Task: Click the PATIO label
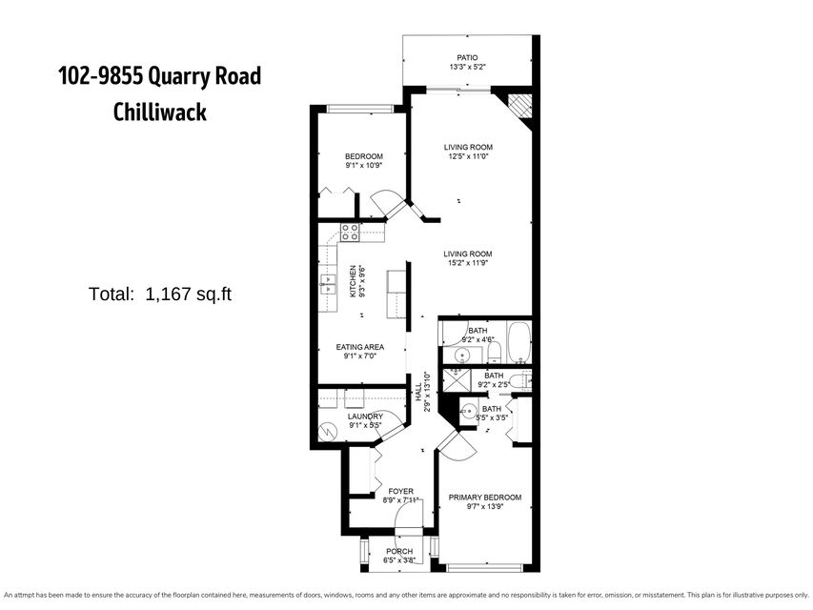pyautogui.click(x=467, y=57)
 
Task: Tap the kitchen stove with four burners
pyautogui.click(x=350, y=232)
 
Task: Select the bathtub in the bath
pyautogui.click(x=518, y=342)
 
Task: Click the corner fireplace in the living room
pyautogui.click(x=520, y=106)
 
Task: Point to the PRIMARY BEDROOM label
pyautogui.click(x=485, y=498)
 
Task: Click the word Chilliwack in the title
pyautogui.click(x=160, y=112)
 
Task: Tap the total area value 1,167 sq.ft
pyautogui.click(x=188, y=295)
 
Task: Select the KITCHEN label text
pyautogui.click(x=353, y=281)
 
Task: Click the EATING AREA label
pyautogui.click(x=360, y=347)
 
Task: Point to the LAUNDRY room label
pyautogui.click(x=365, y=417)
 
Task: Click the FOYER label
pyautogui.click(x=401, y=491)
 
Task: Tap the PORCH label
pyautogui.click(x=399, y=552)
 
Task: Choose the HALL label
pyautogui.click(x=417, y=392)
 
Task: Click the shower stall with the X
pyautogui.click(x=455, y=379)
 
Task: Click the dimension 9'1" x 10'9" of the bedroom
pyautogui.click(x=364, y=166)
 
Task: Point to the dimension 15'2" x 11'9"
pyautogui.click(x=467, y=263)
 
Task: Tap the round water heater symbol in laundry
pyautogui.click(x=327, y=431)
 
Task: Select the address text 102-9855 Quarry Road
pyautogui.click(x=160, y=76)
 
